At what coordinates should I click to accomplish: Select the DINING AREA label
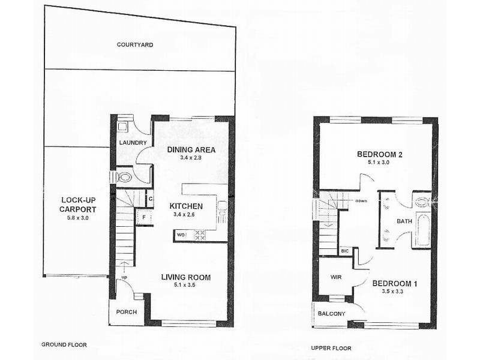191,149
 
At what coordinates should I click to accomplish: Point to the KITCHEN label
185,206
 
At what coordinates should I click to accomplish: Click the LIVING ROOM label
185,277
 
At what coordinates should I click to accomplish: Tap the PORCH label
127,312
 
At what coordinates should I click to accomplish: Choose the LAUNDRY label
133,142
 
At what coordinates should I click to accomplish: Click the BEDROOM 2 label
379,154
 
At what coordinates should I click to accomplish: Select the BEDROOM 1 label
393,283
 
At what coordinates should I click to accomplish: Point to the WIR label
336,277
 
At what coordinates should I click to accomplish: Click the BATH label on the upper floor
404,221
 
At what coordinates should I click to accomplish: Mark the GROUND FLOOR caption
64,345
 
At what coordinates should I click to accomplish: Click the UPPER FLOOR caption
331,348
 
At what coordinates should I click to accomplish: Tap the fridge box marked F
143,215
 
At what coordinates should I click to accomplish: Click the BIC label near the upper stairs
345,250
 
